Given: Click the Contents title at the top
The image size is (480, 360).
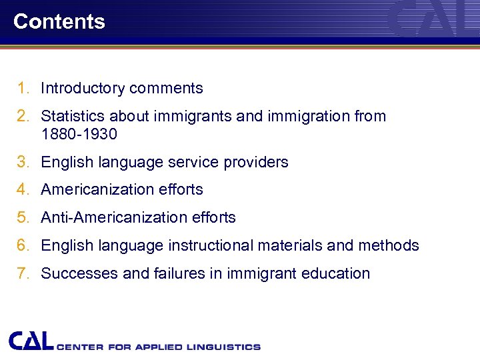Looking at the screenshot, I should pos(59,21).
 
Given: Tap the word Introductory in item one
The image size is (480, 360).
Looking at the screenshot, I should pos(83,88).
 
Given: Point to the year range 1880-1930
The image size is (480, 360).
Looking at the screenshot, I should pos(79,134).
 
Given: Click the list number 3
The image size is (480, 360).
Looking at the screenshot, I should pos(23,162).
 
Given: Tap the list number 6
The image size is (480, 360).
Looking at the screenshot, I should pos(23,245).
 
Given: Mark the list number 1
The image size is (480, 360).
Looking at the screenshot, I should pos(23,88).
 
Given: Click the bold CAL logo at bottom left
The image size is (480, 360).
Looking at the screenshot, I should pos(31,341).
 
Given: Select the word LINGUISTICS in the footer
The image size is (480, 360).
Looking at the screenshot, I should pos(225,347).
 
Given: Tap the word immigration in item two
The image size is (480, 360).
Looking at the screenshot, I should pos(310,116).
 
